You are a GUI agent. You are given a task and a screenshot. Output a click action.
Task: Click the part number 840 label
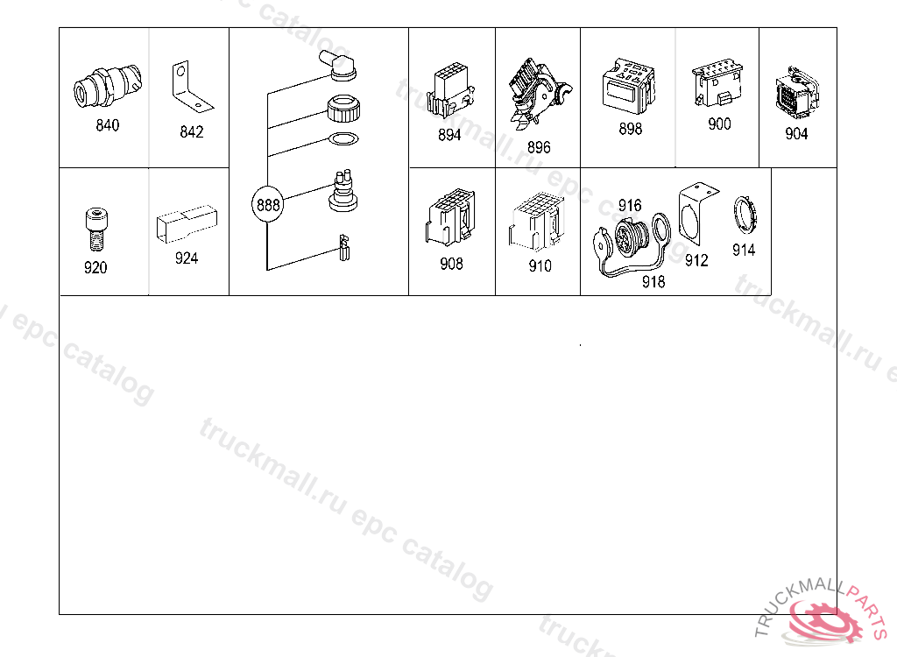click(108, 125)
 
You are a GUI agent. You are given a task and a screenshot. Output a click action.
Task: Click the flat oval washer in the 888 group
click(342, 139)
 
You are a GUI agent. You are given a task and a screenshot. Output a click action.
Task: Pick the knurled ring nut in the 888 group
click(343, 109)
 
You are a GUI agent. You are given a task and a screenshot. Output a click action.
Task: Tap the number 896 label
click(539, 147)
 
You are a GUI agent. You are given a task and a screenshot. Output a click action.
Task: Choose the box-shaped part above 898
click(627, 85)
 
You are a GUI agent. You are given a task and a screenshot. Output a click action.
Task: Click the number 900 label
click(719, 124)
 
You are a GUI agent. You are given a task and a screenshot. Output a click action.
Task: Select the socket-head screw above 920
click(95, 229)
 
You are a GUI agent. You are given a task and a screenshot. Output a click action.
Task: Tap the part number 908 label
click(451, 263)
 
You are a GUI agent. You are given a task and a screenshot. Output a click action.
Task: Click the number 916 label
click(630, 205)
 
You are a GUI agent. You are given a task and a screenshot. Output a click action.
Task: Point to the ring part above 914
click(743, 215)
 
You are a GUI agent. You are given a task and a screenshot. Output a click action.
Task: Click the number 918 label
click(653, 281)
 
